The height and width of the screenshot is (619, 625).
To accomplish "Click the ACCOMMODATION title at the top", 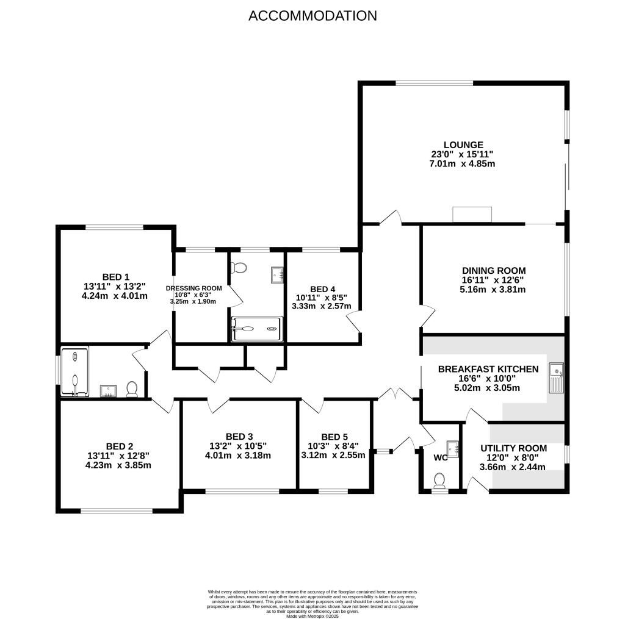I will coord(312,16).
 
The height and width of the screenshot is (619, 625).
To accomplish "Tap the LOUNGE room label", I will coord(463,145).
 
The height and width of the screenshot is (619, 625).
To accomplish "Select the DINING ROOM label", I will coord(493,270).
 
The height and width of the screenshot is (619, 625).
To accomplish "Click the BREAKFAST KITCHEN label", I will coord(488,369).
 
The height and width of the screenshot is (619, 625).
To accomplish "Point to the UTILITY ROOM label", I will coord(513,448).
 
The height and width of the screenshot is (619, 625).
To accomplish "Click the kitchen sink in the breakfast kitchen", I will coord(556,379).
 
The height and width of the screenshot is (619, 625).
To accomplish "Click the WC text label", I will coord(440,457).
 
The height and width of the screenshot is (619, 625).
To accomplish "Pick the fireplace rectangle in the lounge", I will coord(472,215).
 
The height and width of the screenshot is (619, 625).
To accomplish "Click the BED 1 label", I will coord(115,276).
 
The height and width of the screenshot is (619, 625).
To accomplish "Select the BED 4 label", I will coord(322,289).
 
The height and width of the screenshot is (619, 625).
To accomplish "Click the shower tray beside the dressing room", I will coord(256,329).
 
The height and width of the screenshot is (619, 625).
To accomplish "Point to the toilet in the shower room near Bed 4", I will coord(240,268).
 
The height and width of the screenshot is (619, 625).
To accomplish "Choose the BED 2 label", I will coord(119,446).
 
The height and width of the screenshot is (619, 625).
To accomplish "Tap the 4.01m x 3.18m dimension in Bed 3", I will coord(238,455).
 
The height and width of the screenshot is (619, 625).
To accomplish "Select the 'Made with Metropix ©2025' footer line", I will coord(312,615).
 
